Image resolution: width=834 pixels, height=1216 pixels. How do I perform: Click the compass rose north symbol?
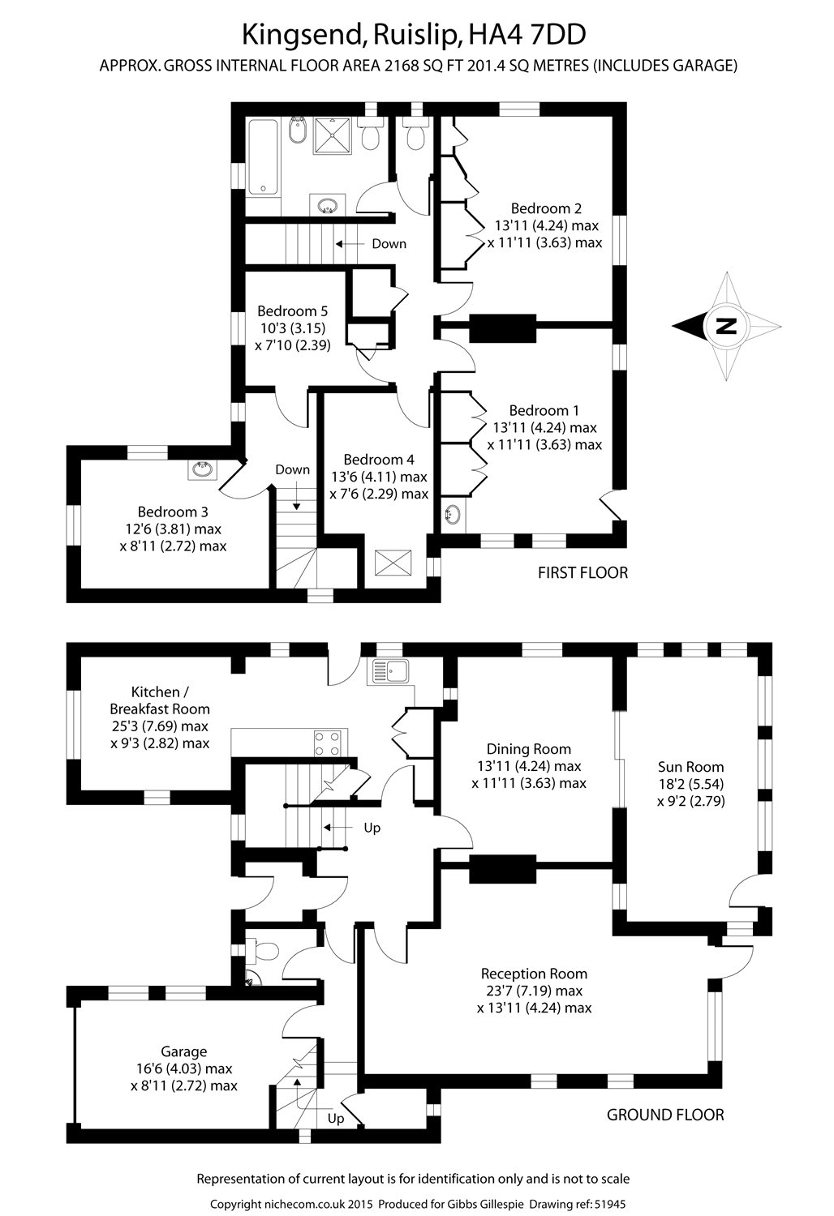[726, 327]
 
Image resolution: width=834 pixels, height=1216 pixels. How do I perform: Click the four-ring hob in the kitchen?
[327, 743]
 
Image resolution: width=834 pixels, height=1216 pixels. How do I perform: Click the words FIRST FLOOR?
[583, 573]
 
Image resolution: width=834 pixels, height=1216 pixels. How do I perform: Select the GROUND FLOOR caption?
[665, 1115]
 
